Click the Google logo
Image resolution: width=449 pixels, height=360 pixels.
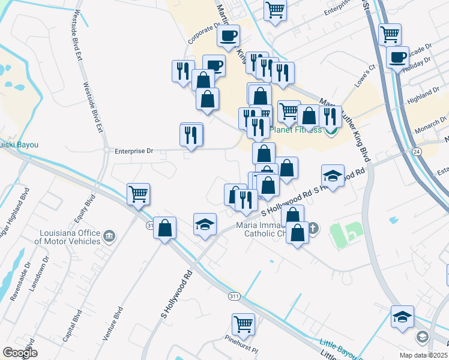[x=20, y=353]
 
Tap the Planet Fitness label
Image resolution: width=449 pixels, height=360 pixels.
[x=295, y=130]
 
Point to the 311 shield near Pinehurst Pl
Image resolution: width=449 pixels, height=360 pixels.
[x=235, y=296]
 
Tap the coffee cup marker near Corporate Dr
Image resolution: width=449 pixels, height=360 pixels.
[x=228, y=36]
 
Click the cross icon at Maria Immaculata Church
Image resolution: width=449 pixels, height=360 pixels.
[x=313, y=228]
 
